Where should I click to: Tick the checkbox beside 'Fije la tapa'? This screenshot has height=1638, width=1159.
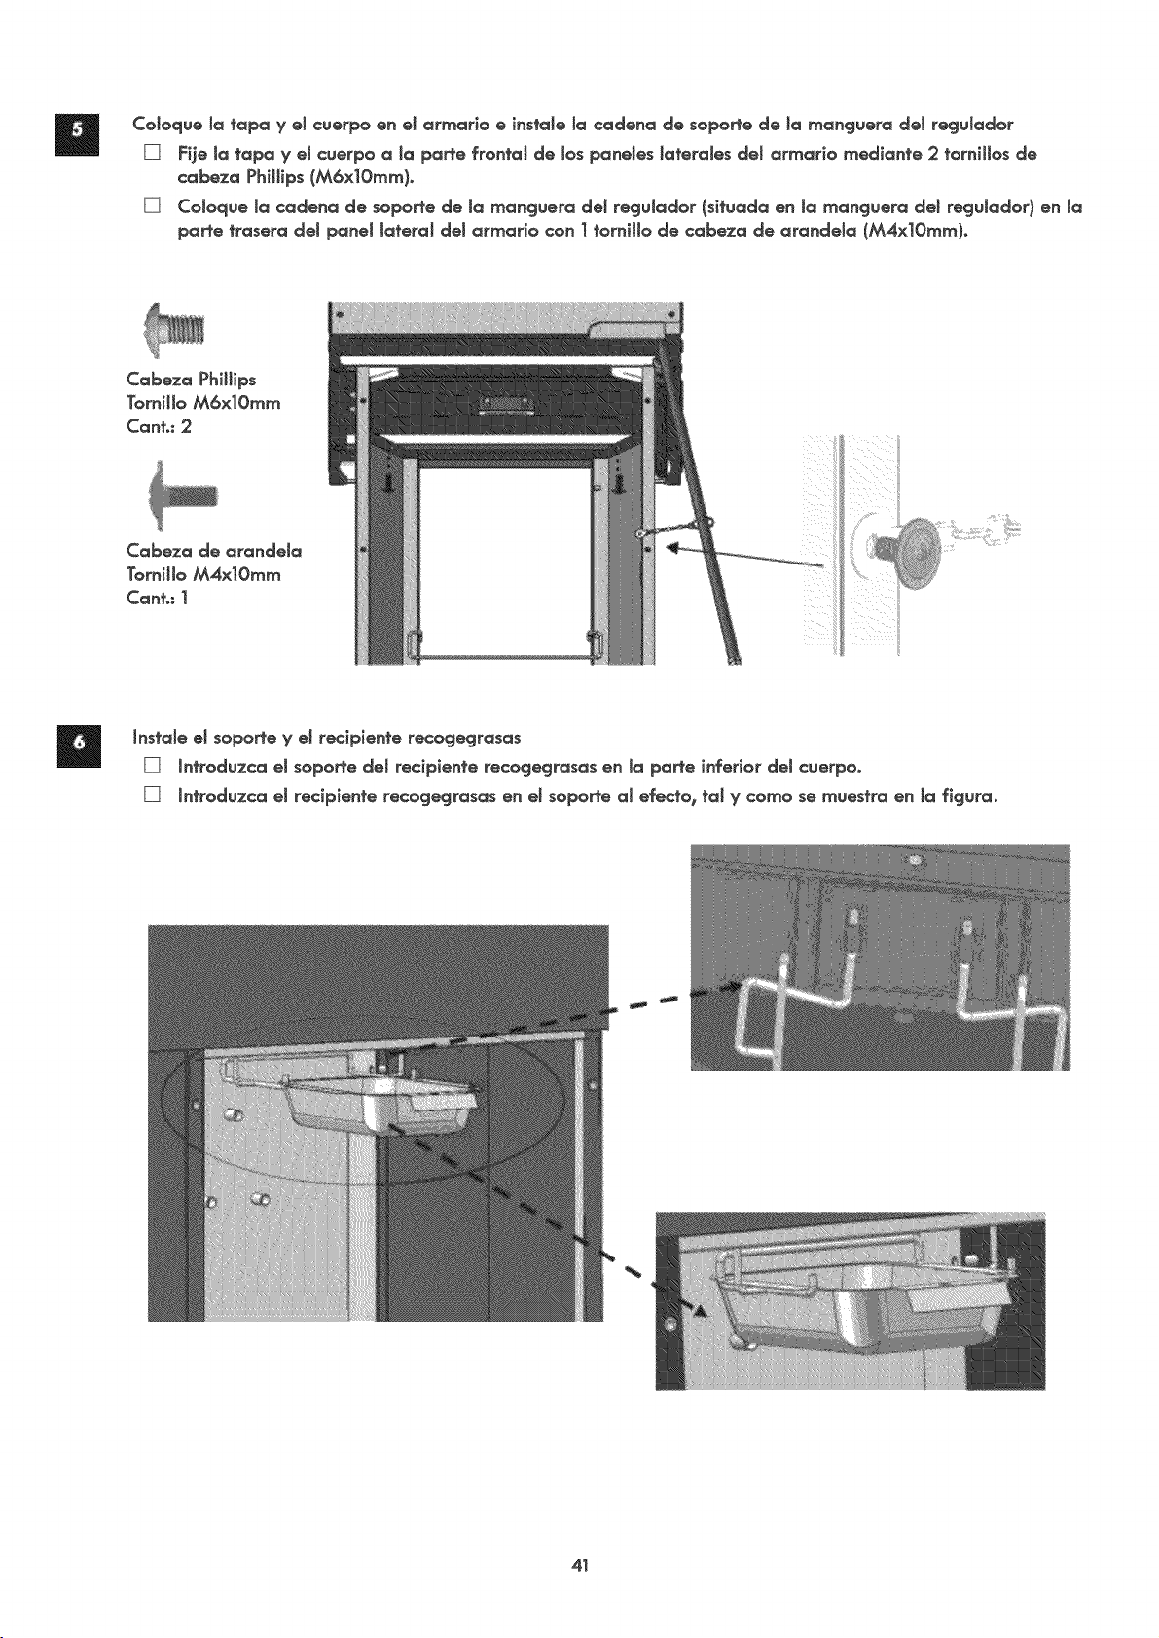point(152,155)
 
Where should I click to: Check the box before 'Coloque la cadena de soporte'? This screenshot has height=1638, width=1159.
point(152,207)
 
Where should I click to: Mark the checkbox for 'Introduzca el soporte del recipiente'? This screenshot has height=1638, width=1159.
point(152,767)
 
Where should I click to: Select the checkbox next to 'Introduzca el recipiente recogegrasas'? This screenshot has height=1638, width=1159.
point(152,795)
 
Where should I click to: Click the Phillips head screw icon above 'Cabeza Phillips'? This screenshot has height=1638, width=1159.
point(175,331)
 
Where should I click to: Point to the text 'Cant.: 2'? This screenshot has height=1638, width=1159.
point(159,427)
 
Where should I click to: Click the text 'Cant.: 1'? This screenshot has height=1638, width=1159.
point(158,599)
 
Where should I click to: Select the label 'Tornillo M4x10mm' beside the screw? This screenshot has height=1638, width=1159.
point(203,575)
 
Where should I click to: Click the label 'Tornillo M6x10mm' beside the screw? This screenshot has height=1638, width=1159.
point(203,404)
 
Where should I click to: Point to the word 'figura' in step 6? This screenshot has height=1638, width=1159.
point(965,796)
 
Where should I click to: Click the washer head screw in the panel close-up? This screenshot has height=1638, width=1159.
point(914,538)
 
